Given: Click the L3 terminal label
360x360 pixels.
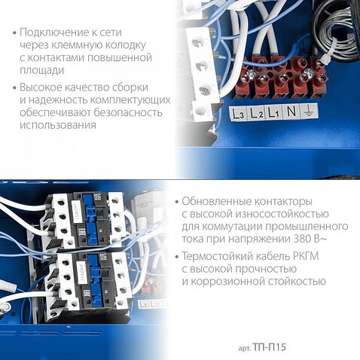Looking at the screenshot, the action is [x=238, y=114].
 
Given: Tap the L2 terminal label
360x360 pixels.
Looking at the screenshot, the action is [x=256, y=113].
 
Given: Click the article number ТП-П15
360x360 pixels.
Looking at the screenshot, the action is [x=270, y=347].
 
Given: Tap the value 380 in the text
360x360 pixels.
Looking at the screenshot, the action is [x=302, y=239].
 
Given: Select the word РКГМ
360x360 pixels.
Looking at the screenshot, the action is [x=306, y=257].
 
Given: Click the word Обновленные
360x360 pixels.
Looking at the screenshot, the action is [x=216, y=201].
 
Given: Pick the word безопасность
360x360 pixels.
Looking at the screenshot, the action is [x=128, y=112].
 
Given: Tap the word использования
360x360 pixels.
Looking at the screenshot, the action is [x=58, y=125].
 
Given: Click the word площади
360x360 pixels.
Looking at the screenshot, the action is [x=42, y=70].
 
